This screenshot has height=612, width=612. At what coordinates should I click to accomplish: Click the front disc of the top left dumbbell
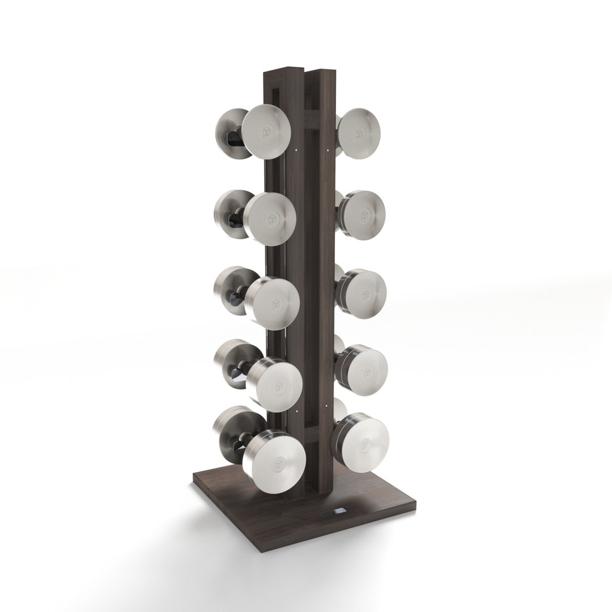pos(267,132)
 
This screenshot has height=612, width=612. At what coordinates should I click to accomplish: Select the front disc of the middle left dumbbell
pos(273,303)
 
